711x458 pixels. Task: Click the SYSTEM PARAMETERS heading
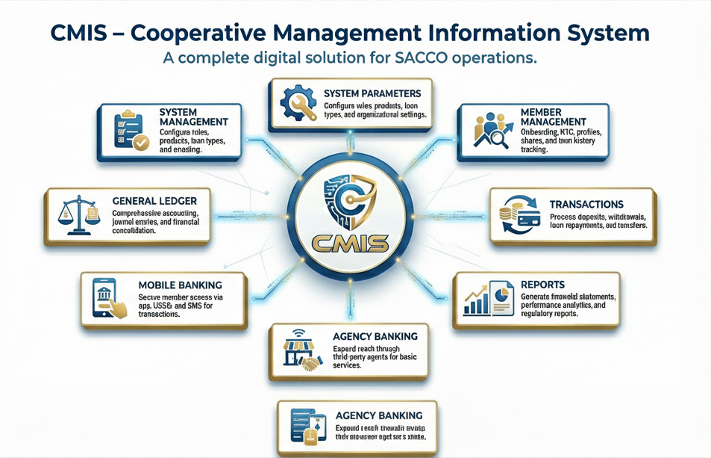(x=372, y=93)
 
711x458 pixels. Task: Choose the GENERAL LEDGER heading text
(x=154, y=202)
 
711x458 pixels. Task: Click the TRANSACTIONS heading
(x=586, y=204)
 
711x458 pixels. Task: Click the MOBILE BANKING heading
(x=181, y=285)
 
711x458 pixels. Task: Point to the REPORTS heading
(x=542, y=285)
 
